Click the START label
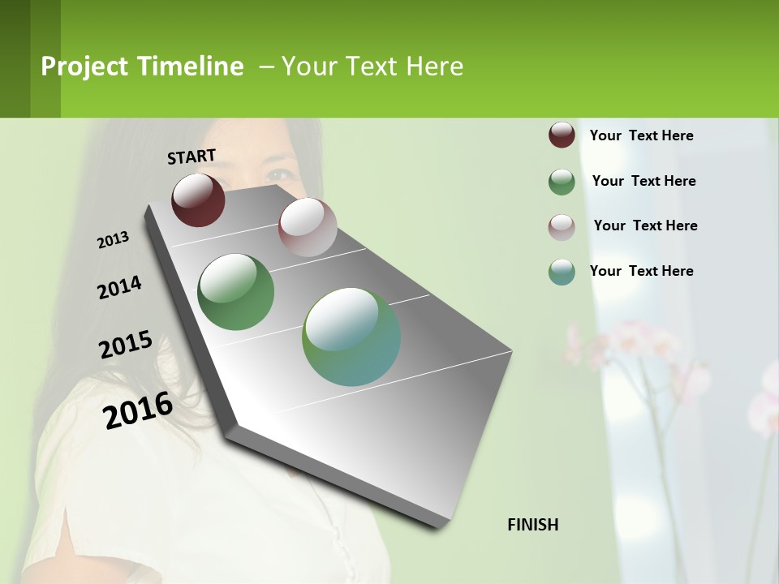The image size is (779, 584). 192,157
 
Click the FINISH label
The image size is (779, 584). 533,525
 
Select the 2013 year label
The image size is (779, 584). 114,240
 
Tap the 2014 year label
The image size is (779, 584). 120,288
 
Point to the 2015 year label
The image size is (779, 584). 126,345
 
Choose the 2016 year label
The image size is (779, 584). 138,410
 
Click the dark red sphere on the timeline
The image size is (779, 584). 198,200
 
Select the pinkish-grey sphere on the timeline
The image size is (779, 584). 308,227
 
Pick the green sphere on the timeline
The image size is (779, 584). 236,292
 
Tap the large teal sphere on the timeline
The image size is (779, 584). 351,337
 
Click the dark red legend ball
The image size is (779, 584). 562,135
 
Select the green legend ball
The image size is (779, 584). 562,182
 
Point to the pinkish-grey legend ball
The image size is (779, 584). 562,226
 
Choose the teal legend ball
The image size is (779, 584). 562,272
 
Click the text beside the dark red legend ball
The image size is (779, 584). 641,136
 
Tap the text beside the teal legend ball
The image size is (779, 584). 641,271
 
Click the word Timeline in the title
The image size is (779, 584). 191,67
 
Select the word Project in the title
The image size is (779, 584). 84,67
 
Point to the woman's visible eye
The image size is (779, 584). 281,174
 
